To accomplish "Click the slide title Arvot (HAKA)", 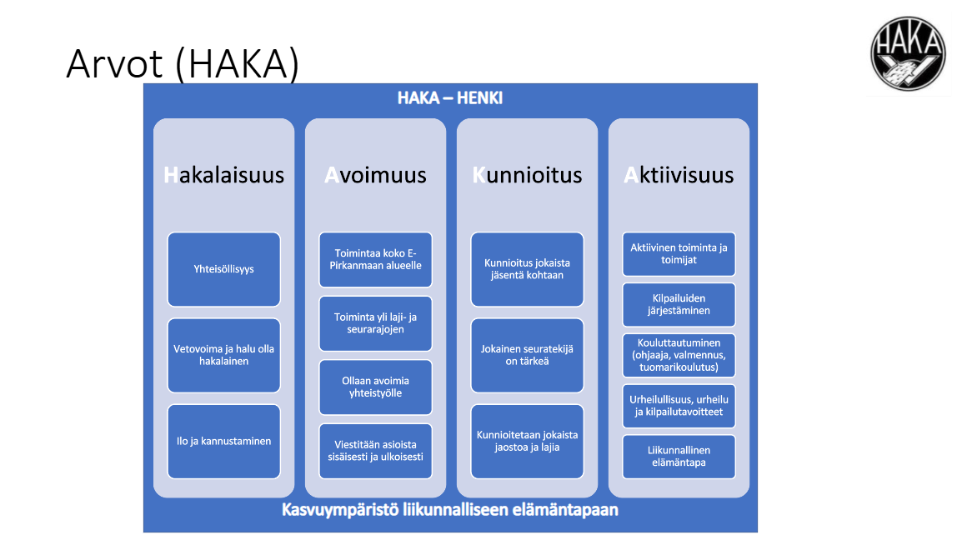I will click(182, 63).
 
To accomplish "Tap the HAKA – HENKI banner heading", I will click(449, 98).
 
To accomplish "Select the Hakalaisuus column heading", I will click(223, 175).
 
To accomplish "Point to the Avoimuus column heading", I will click(375, 175).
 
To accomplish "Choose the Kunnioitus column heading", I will click(527, 175).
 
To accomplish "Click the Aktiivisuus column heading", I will click(679, 175).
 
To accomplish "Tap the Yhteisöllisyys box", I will click(223, 269).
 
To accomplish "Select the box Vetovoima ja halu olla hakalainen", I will click(223, 355).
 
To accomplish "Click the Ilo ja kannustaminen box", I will click(223, 441).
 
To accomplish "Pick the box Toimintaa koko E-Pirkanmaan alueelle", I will click(375, 259).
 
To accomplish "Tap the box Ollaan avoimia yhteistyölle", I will click(375, 387).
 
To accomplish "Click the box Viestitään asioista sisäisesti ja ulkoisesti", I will click(375, 451).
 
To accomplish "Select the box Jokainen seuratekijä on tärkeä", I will click(527, 355).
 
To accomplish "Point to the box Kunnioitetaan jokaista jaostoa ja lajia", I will click(527, 441).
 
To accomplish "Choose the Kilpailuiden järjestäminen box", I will click(679, 304).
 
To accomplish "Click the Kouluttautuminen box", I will click(679, 355).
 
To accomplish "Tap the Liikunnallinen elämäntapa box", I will click(679, 456).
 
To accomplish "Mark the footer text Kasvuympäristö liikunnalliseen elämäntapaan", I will click(449, 509).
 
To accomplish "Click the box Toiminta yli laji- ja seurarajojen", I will click(375, 323).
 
